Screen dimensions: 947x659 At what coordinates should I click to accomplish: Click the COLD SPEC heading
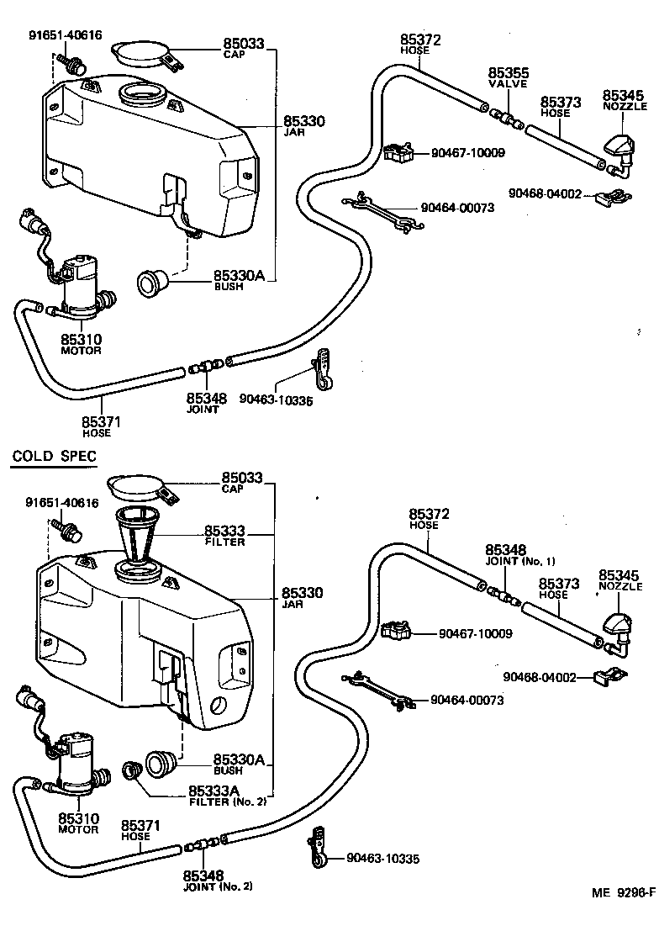(54, 457)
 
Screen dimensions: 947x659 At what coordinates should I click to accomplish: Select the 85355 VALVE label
(507, 78)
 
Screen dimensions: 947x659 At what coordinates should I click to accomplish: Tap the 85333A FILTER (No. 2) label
(226, 795)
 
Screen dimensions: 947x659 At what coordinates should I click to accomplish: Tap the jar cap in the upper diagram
(140, 52)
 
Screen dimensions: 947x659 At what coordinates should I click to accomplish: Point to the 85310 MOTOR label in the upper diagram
(81, 344)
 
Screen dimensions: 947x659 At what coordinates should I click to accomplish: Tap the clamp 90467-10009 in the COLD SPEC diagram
(397, 632)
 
